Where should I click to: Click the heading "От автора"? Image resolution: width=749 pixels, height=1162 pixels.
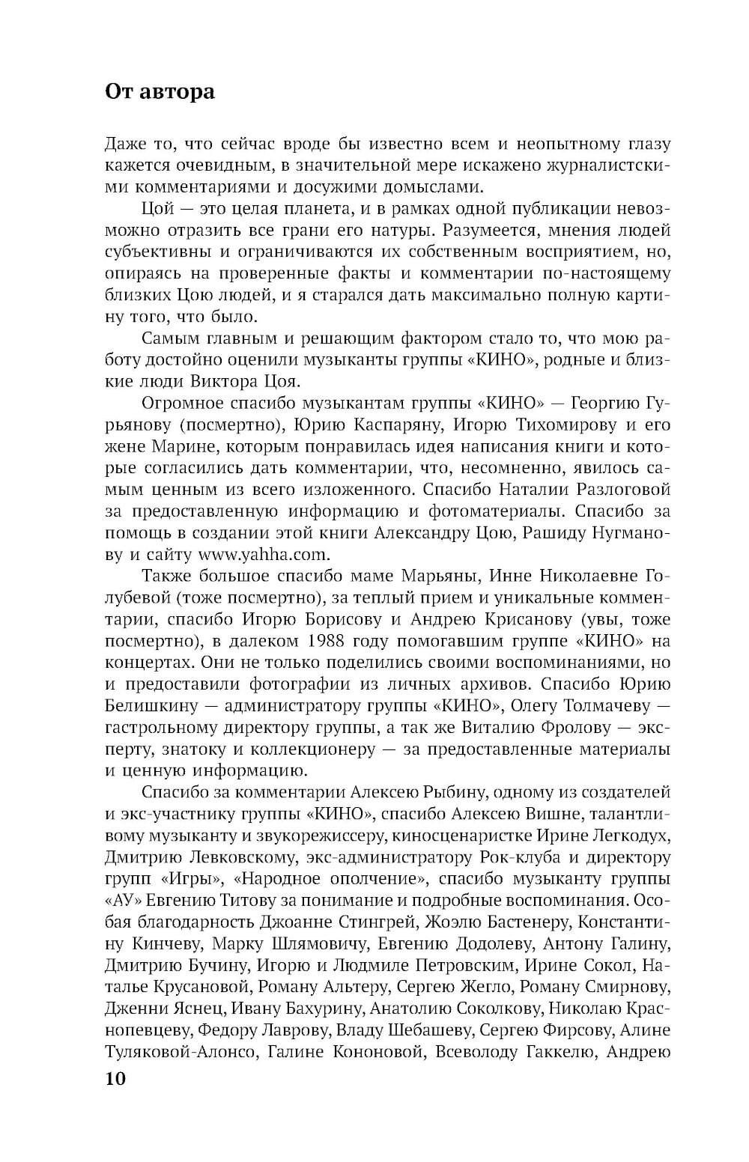click(160, 91)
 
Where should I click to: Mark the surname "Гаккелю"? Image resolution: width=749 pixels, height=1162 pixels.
click(552, 1052)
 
